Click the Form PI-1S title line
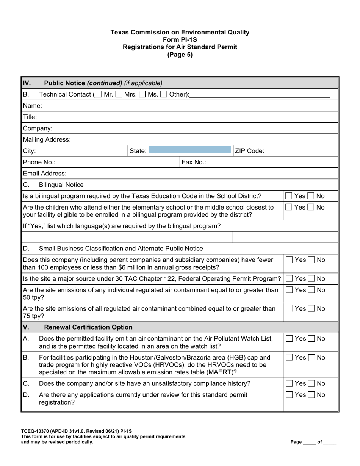click(180, 40)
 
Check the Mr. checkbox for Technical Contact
click(99, 94)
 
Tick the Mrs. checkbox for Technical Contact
click(119, 94)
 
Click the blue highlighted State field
click(189, 151)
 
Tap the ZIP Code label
click(250, 151)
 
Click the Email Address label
click(45, 174)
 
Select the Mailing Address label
click(47, 139)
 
